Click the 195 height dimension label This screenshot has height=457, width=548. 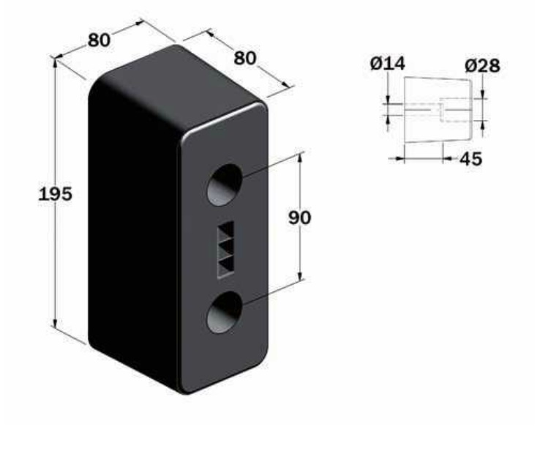[55, 194]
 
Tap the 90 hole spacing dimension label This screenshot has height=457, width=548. [299, 218]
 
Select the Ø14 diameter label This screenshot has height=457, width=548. [388, 64]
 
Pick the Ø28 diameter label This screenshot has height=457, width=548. [482, 65]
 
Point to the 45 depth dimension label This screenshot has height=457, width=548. [470, 159]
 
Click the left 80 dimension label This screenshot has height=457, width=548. [99, 40]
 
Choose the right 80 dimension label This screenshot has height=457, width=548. [244, 58]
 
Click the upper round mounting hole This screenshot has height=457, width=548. [225, 185]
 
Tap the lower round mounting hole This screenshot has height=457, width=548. [225, 312]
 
